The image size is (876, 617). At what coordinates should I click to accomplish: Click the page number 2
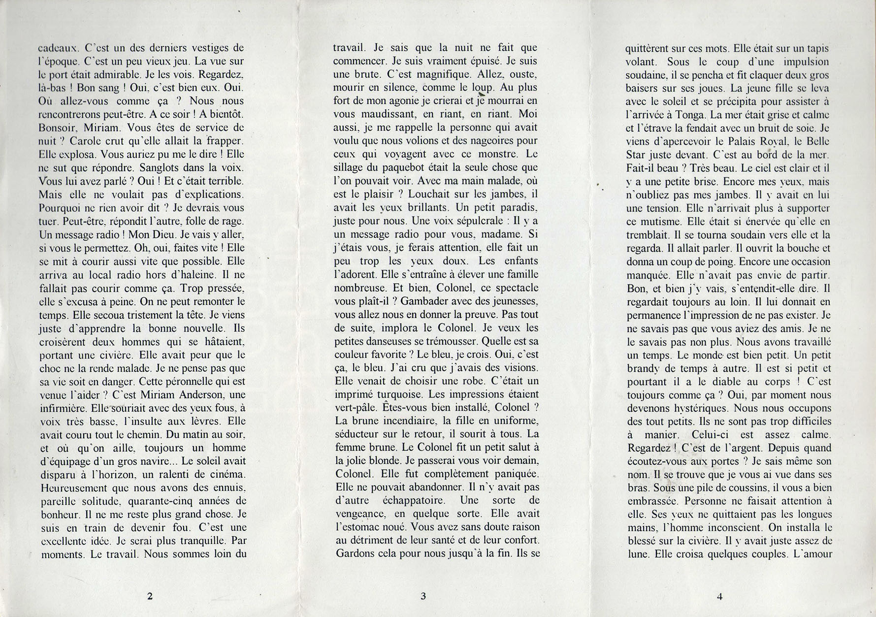click(150, 596)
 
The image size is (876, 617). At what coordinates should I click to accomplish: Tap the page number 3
click(423, 596)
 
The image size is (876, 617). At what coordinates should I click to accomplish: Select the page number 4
click(719, 596)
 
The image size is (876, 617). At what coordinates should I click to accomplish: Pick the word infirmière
click(58, 408)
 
